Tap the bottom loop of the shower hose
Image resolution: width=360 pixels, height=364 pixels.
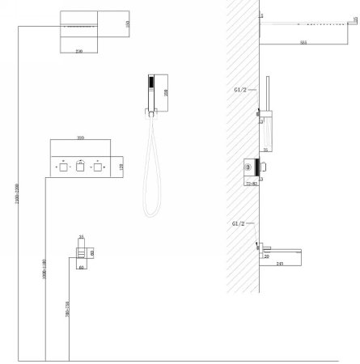[150, 212]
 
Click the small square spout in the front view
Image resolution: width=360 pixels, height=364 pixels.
[82, 255]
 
